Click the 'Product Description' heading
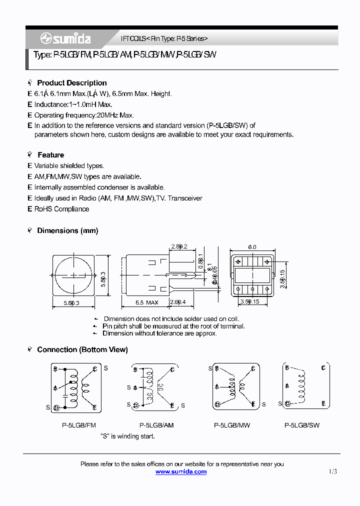71,83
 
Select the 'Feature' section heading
50,155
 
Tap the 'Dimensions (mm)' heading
67,230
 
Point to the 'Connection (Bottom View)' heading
82,349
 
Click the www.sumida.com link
180,471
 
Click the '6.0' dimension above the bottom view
252,247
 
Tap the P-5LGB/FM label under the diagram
78,425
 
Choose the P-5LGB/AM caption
156,425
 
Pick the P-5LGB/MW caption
231,425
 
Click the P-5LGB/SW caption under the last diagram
301,425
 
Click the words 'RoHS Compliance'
61,209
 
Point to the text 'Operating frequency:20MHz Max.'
84,115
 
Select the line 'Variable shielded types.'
69,165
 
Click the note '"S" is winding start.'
127,436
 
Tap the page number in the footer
333,471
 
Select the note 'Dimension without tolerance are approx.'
159,333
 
